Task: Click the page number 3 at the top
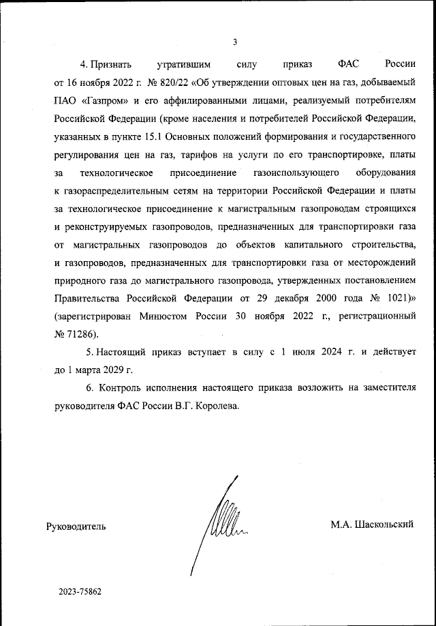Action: (234, 42)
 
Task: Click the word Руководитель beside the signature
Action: (76, 526)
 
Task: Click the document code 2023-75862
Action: (80, 592)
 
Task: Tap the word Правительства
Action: (84, 298)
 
